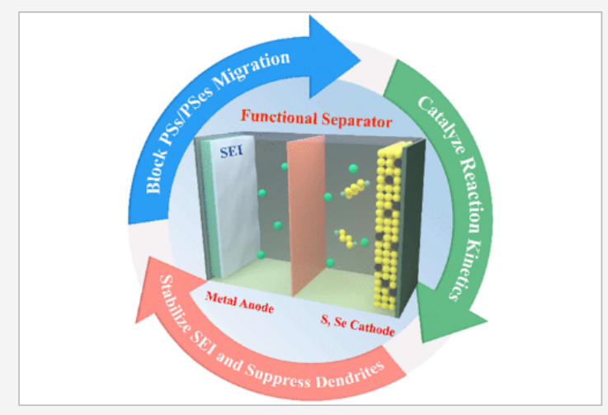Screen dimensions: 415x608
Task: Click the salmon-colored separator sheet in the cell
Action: (x=308, y=215)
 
